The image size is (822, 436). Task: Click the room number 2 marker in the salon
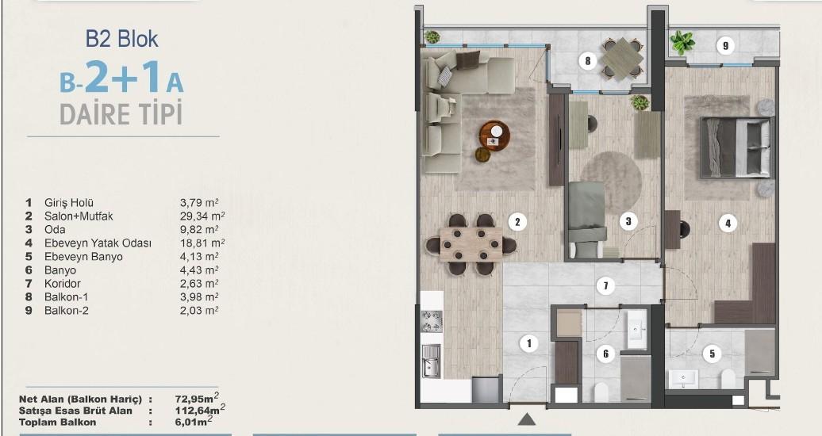coord(517,222)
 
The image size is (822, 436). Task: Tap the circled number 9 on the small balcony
coord(725,46)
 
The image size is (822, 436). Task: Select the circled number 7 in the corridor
coord(605,285)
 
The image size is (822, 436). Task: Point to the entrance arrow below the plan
coord(527,419)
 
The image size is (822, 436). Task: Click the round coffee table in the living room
coord(495,136)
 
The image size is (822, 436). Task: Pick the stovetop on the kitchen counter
coord(432,321)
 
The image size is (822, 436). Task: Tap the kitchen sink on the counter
coord(432,361)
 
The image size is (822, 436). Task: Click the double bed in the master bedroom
coord(737,147)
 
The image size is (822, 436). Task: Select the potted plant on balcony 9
coord(682,42)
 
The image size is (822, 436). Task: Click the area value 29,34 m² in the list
coord(202,216)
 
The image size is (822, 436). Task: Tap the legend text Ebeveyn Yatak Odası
coord(98,243)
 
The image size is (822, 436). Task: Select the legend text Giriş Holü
coord(69,202)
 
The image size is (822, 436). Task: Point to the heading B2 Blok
coord(121,39)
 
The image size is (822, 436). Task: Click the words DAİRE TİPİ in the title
coord(121,113)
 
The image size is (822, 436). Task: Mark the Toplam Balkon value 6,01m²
coord(194,421)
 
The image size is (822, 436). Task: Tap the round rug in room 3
coord(611,176)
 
